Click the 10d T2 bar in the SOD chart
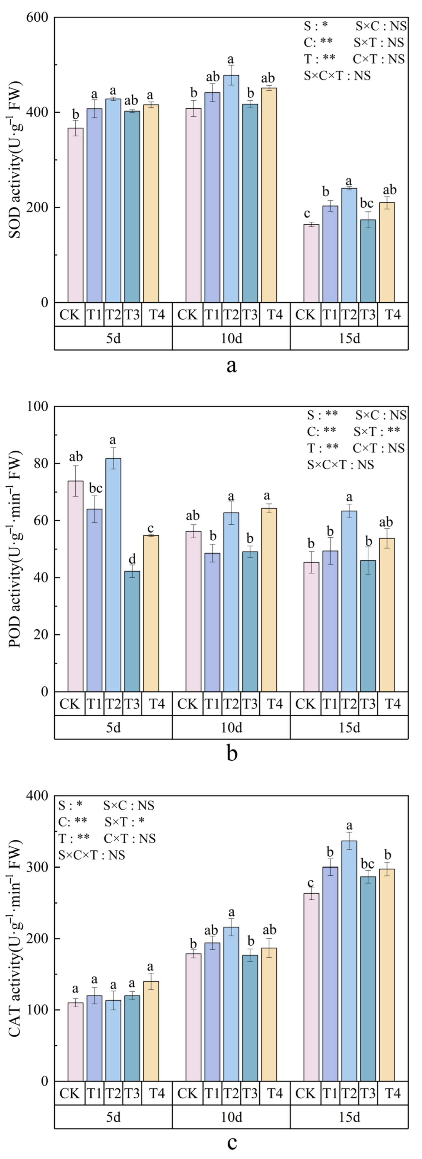point(231,189)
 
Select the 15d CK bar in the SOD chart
point(311,263)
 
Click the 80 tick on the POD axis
point(40,463)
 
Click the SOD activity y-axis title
point(15,160)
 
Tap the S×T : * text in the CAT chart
point(124,822)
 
